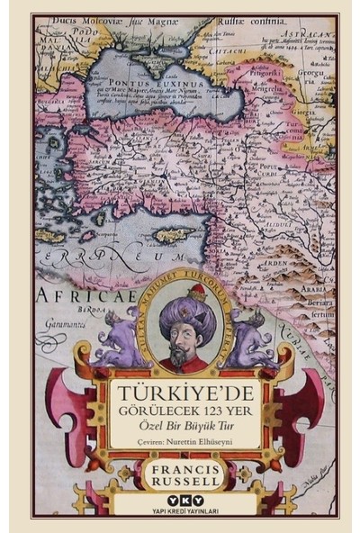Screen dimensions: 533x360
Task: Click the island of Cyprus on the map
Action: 172,235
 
